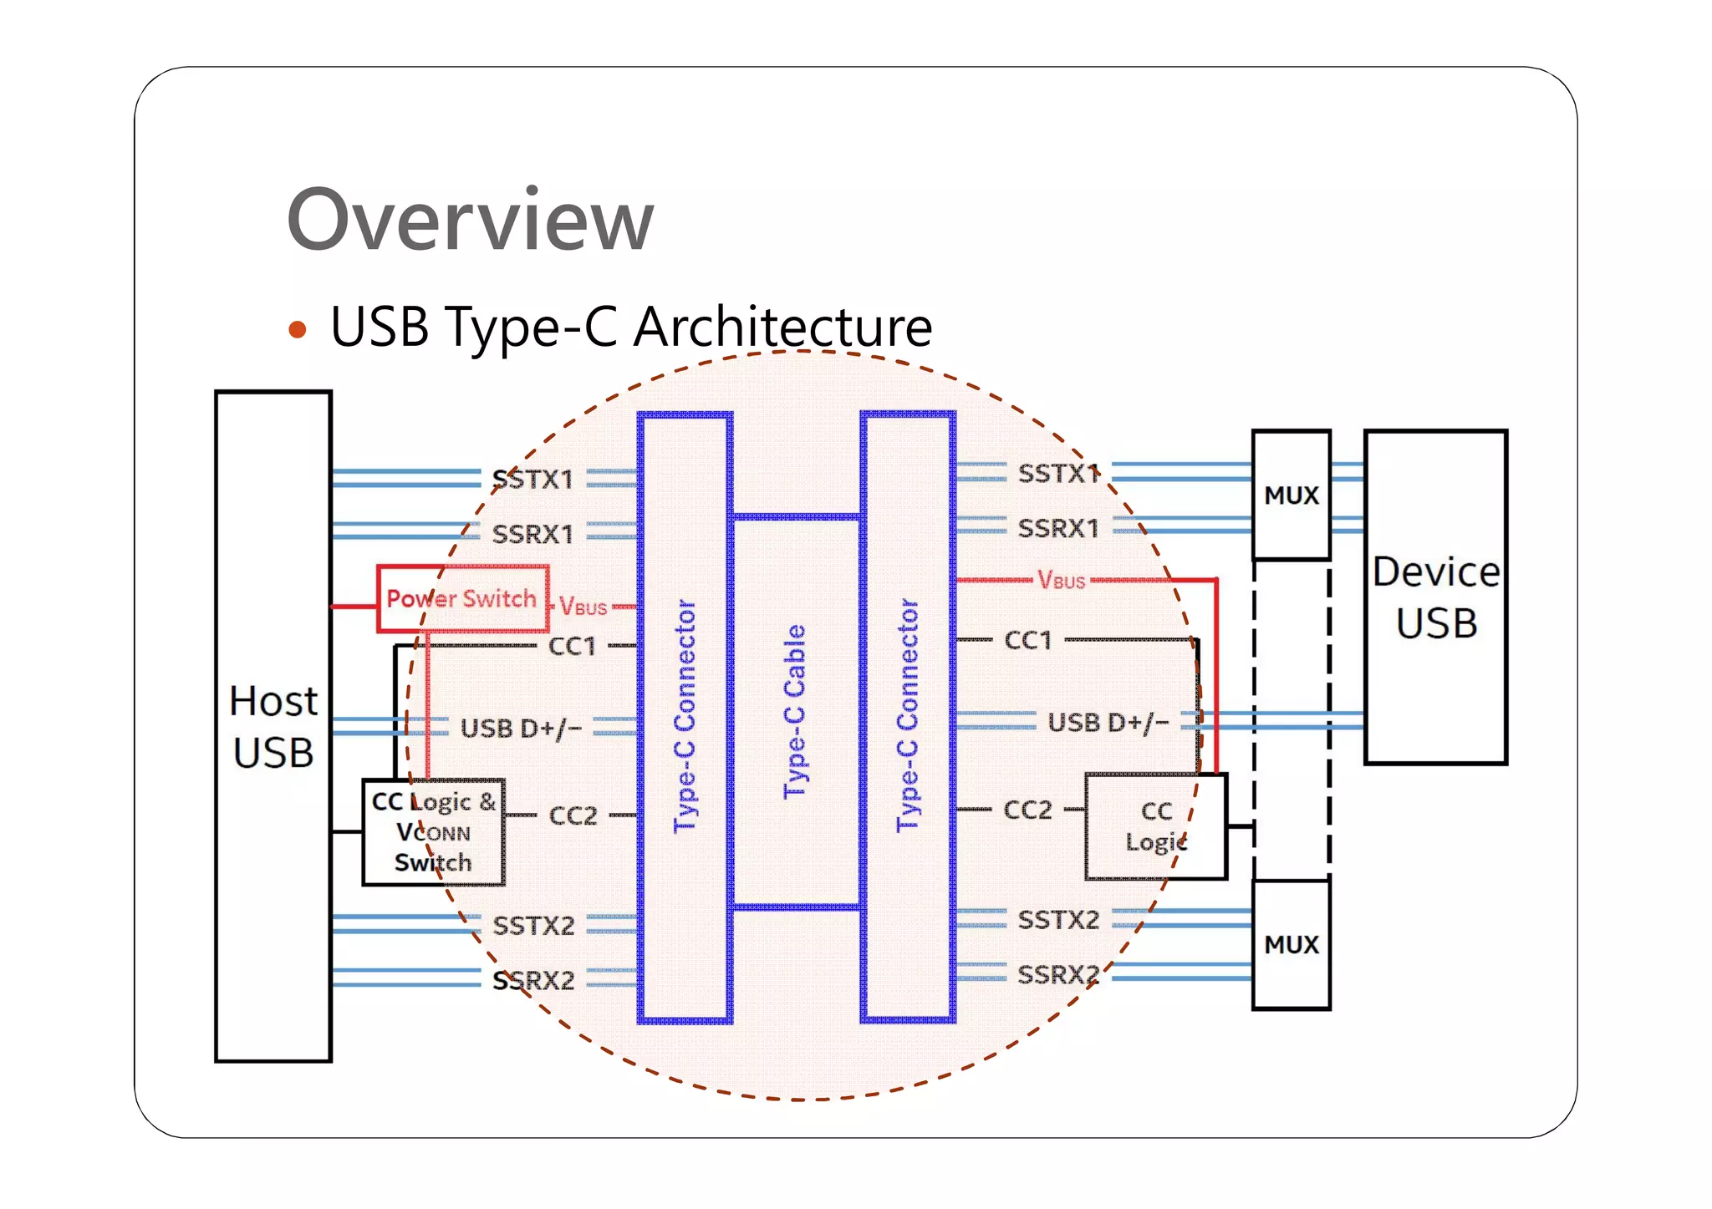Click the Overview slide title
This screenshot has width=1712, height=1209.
(470, 220)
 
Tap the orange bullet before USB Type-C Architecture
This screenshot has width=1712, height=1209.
(297, 329)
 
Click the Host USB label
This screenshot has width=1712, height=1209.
(273, 726)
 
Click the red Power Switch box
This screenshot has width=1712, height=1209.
(462, 598)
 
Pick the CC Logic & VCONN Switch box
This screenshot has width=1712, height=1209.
(433, 832)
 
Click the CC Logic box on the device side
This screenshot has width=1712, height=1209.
(1155, 825)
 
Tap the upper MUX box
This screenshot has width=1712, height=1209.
(1291, 495)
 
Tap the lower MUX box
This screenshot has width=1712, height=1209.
(1291, 944)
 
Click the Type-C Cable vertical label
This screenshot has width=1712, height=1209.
(795, 711)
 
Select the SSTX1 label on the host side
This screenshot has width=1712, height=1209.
(533, 480)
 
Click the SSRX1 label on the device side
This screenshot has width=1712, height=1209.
(1058, 528)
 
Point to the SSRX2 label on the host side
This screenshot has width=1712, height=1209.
(533, 980)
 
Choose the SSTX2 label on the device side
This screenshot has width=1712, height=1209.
(1058, 920)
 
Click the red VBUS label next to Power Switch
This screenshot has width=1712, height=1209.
(583, 607)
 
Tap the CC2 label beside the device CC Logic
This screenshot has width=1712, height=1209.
(1027, 810)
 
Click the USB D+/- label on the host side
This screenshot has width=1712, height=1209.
(521, 729)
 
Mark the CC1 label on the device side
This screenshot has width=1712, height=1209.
(1027, 641)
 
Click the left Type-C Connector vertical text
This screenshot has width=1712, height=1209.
(685, 715)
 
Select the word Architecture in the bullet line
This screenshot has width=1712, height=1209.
(782, 327)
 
